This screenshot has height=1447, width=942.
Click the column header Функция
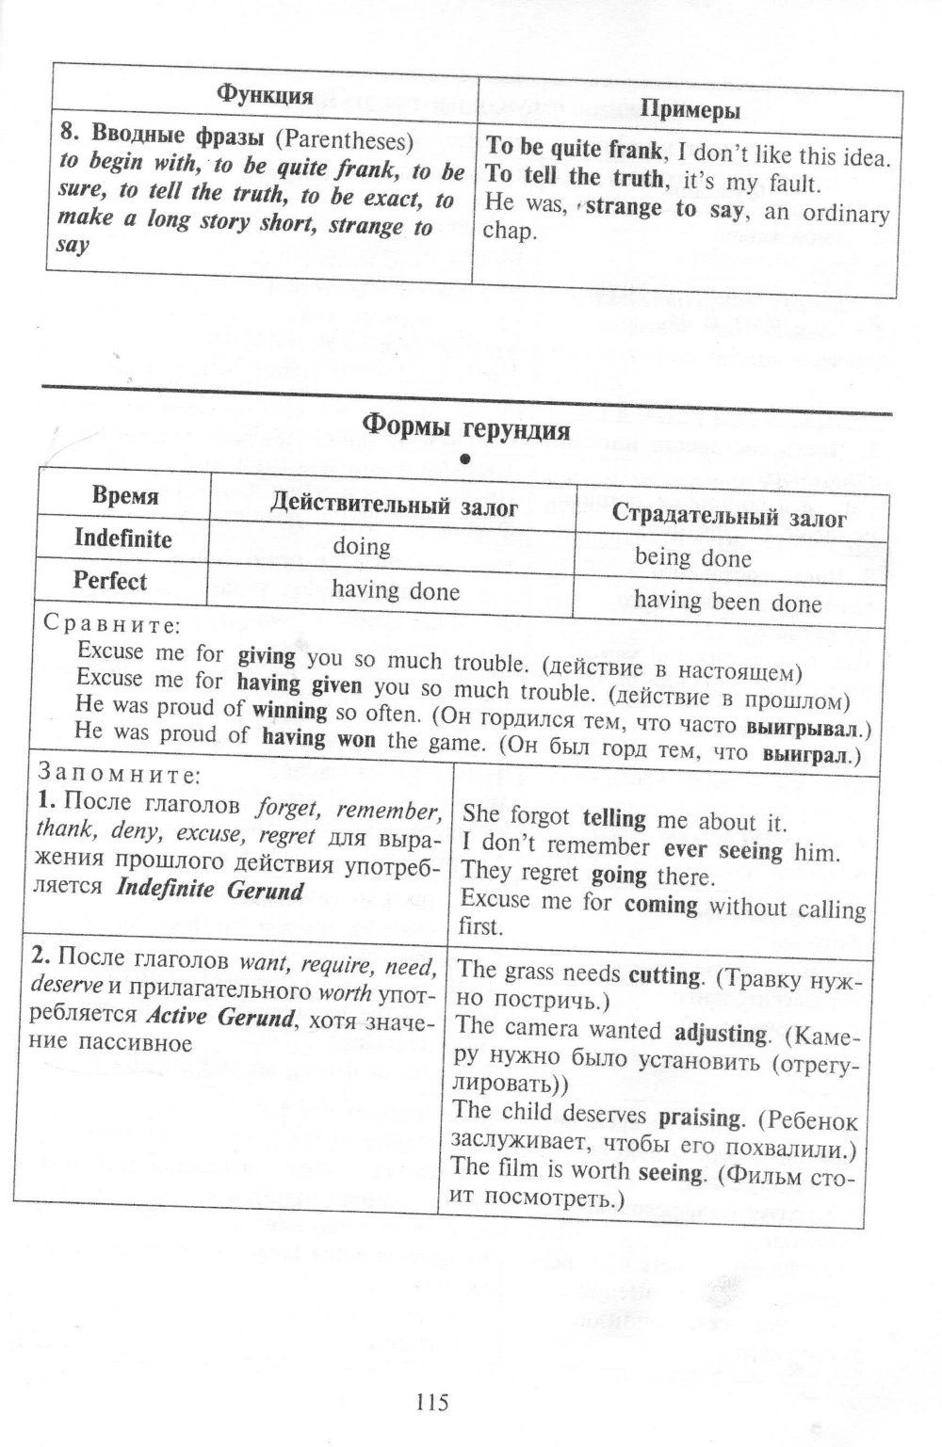(x=265, y=94)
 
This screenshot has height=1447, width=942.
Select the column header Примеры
(x=690, y=110)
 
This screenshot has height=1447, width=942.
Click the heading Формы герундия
(x=466, y=428)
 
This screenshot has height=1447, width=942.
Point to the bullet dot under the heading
(x=464, y=458)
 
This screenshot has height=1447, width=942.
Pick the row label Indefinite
(x=123, y=539)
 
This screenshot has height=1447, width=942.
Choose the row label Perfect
(x=110, y=581)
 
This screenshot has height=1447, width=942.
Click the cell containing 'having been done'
(x=727, y=602)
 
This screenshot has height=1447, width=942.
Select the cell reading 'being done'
(x=692, y=557)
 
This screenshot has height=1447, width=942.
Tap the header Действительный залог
(x=394, y=507)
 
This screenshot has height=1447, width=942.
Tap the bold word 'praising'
(x=700, y=1118)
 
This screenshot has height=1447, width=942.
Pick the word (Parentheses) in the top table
(x=345, y=140)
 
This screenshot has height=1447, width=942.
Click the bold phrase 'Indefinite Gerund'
(x=209, y=890)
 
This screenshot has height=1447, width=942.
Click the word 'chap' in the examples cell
(x=508, y=232)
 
